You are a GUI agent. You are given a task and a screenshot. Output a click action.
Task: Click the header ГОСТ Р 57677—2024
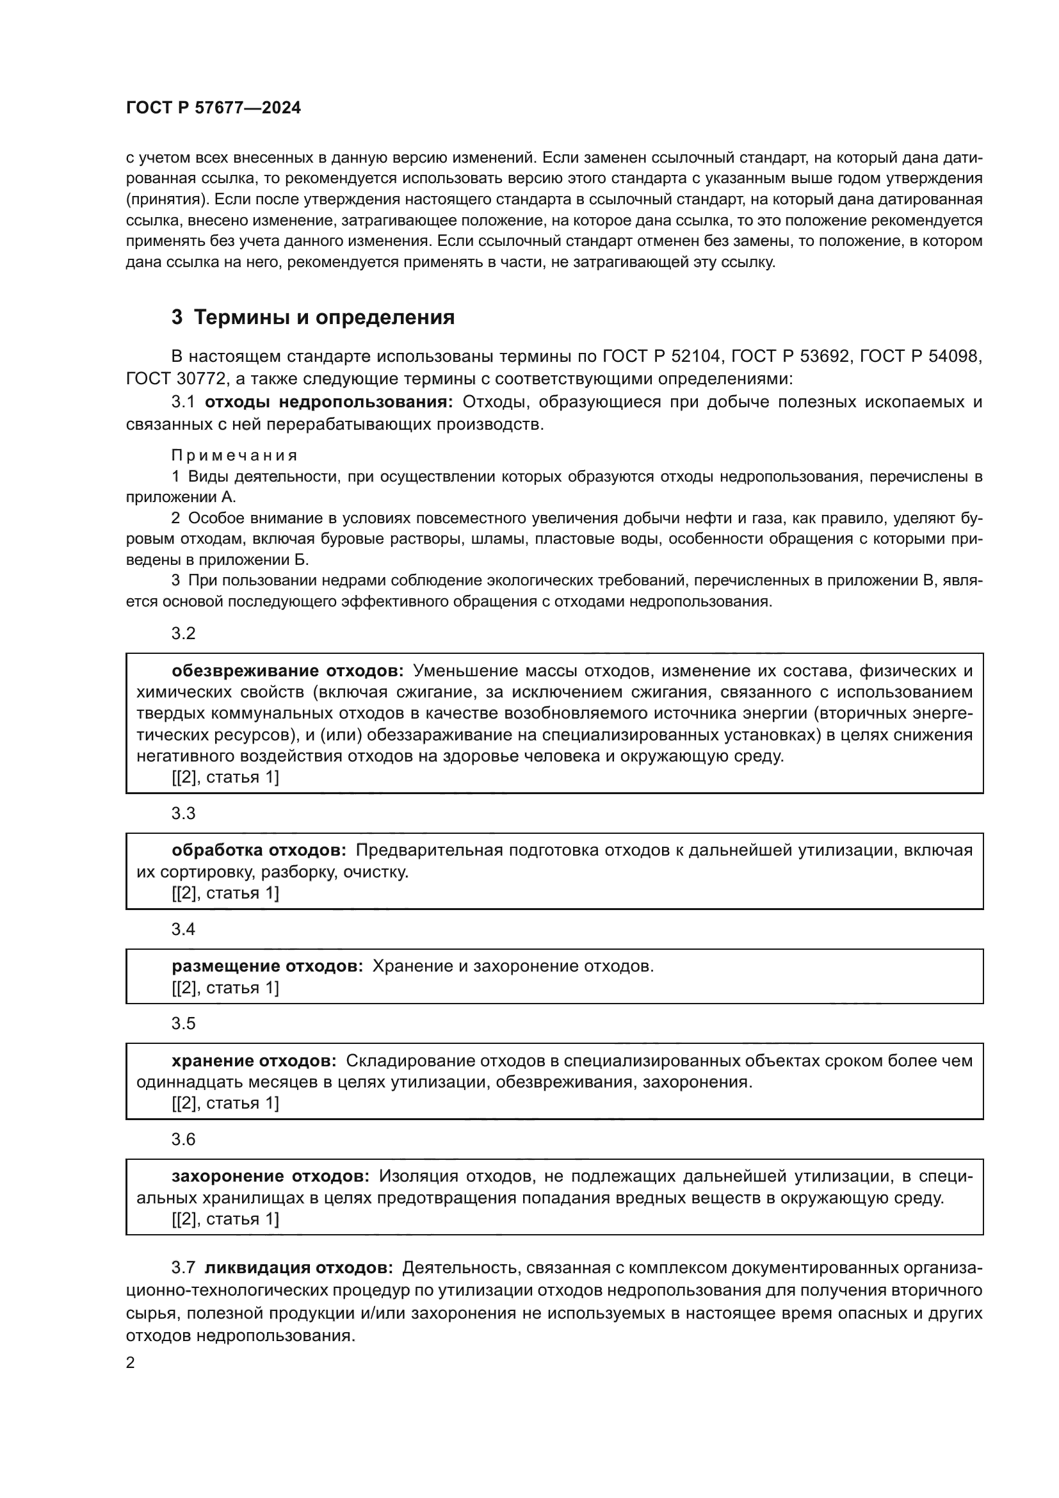click(x=213, y=108)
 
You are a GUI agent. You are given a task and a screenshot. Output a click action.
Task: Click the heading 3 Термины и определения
click(x=313, y=318)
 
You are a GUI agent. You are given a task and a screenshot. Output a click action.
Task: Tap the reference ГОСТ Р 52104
click(x=661, y=356)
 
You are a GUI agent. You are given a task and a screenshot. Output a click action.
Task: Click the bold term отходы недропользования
click(x=329, y=402)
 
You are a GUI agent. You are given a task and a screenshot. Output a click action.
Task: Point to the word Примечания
click(x=235, y=455)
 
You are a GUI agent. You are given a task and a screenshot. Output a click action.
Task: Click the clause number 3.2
click(x=183, y=633)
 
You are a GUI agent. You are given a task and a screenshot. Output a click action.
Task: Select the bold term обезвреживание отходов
click(x=287, y=671)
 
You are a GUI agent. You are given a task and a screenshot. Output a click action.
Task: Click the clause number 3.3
click(x=183, y=813)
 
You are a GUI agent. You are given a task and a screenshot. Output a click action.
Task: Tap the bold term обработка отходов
click(x=259, y=850)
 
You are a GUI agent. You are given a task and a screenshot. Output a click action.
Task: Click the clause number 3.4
click(x=183, y=929)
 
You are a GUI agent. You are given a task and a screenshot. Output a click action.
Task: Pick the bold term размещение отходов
click(x=268, y=966)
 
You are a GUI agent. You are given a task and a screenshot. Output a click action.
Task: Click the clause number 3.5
click(x=183, y=1023)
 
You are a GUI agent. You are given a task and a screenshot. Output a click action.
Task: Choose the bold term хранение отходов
click(x=254, y=1061)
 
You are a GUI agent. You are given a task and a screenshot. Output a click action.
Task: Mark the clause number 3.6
click(x=183, y=1139)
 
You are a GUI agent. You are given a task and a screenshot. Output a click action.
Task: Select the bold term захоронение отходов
click(x=271, y=1176)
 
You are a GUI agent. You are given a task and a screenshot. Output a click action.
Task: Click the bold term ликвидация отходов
click(x=298, y=1267)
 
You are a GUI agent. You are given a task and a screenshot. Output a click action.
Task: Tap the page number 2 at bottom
click(x=131, y=1363)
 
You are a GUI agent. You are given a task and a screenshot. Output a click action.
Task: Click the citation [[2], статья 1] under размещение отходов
click(x=225, y=988)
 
